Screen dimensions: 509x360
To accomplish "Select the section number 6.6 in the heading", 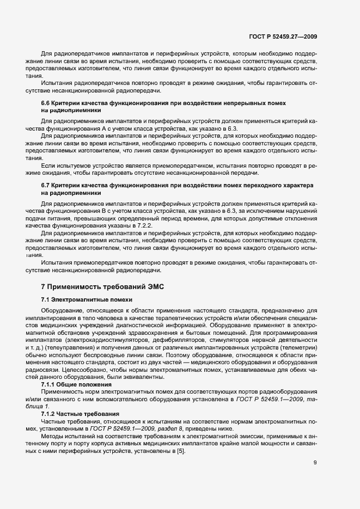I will click(46, 103).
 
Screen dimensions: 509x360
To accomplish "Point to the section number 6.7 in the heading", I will click(46, 186).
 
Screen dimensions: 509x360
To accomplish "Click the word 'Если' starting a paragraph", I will click(48, 164).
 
